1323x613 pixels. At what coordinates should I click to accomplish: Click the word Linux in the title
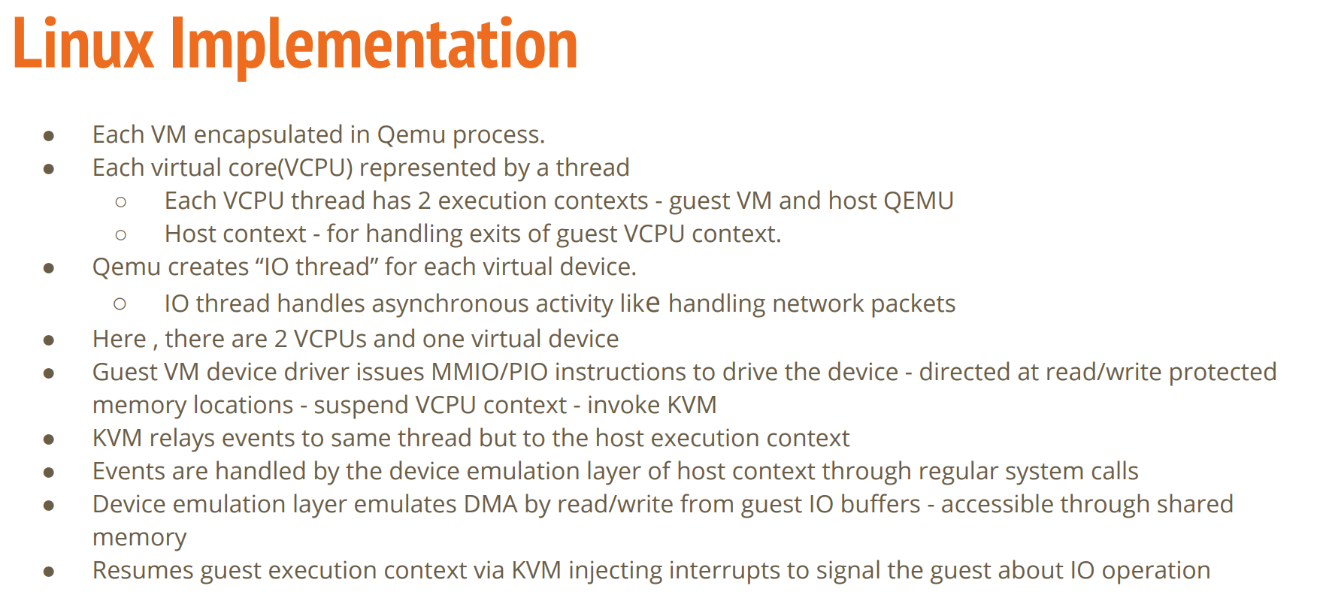coord(83,44)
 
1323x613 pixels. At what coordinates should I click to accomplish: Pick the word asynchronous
coord(450,303)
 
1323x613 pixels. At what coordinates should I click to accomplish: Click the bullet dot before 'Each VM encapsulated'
coord(49,136)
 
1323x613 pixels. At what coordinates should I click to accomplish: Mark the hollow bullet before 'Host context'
coord(121,235)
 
